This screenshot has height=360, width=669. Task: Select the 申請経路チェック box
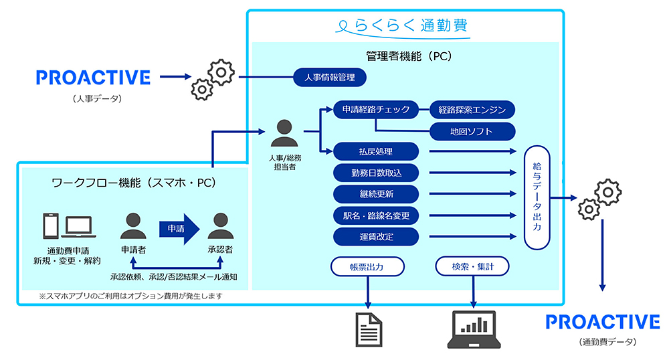(375, 109)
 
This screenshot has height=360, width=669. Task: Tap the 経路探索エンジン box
(472, 109)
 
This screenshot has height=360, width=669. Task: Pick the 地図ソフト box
(472, 131)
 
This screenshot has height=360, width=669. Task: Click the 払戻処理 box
(375, 151)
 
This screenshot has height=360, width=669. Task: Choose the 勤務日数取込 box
(375, 173)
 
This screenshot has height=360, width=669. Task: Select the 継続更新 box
(375, 194)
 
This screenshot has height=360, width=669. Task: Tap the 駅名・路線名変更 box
(375, 215)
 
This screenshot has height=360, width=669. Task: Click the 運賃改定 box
(375, 236)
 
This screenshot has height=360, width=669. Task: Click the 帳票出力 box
(367, 266)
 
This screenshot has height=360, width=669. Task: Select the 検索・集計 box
(472, 266)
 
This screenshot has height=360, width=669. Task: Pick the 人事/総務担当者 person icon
(284, 132)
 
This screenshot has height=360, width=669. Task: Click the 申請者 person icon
(133, 226)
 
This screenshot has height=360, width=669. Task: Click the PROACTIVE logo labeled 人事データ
(93, 78)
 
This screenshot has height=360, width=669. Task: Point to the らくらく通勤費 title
(403, 25)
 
